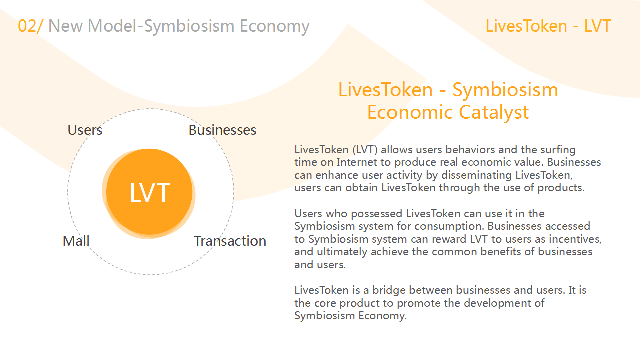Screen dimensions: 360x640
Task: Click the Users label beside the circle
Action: tap(85, 130)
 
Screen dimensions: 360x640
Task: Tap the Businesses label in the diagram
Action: tap(222, 130)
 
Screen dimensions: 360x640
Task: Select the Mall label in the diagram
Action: tap(76, 241)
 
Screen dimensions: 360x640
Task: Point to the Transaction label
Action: tap(230, 241)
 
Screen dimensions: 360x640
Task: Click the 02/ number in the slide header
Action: tap(31, 26)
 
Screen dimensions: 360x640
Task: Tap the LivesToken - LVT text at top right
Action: tap(548, 26)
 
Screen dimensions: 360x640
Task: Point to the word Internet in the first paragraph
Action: tap(356, 162)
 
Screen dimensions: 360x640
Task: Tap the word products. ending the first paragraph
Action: tap(561, 188)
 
